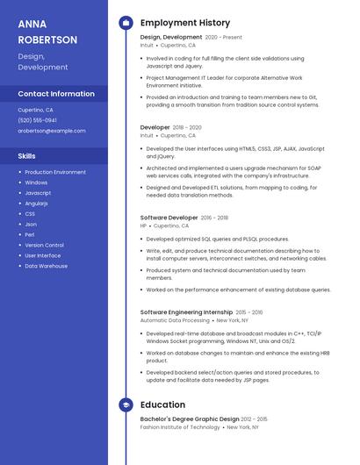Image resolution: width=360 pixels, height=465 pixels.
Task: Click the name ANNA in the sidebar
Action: (x=32, y=24)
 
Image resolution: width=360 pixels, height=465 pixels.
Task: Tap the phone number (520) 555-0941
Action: (x=38, y=120)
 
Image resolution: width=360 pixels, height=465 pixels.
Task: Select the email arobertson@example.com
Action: (x=52, y=131)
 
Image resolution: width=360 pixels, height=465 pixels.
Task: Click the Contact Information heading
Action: (x=56, y=94)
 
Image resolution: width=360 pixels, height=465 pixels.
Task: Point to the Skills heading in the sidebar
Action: (x=26, y=156)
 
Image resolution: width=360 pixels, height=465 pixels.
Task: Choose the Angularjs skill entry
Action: (x=37, y=203)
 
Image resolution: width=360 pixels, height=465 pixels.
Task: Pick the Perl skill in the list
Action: (x=30, y=234)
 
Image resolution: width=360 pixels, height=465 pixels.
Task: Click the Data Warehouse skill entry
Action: (x=46, y=266)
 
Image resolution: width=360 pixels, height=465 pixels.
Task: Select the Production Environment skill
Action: (x=55, y=172)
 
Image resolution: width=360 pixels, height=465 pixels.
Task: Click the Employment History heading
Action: (x=185, y=23)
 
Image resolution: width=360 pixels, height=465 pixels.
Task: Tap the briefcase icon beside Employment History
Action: (x=126, y=23)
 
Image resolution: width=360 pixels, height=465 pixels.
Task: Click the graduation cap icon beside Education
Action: (x=126, y=404)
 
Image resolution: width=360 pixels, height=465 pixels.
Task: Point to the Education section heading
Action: (x=162, y=404)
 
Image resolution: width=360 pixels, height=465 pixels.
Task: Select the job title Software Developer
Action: (x=169, y=218)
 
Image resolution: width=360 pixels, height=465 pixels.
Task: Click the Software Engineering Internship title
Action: (x=186, y=312)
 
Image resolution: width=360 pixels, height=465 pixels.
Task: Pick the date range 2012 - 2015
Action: (x=254, y=419)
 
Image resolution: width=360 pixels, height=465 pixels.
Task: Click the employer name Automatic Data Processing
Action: (x=175, y=321)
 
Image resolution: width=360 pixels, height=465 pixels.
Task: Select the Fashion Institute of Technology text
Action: (x=180, y=427)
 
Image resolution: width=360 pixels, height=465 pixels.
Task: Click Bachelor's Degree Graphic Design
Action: (x=190, y=419)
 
